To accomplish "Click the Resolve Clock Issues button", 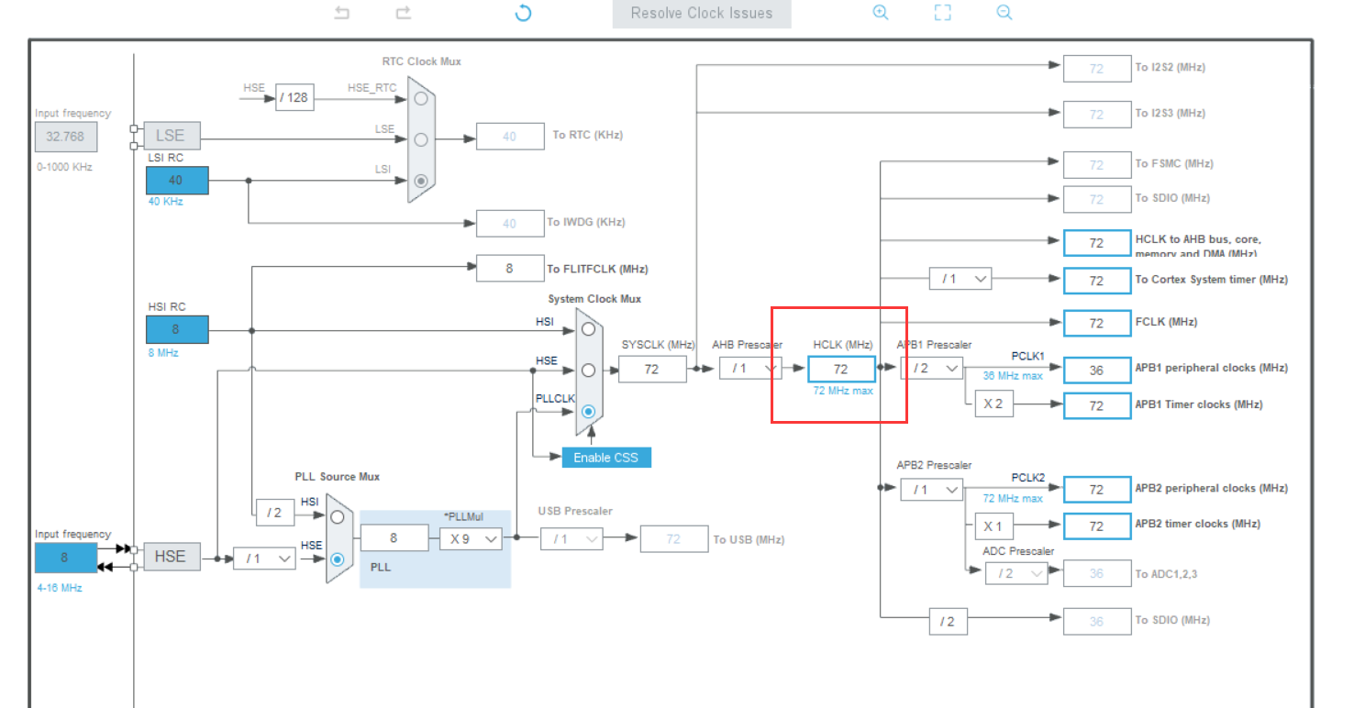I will tap(702, 14).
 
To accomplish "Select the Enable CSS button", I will tap(606, 457).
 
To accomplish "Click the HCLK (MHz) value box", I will tap(841, 369).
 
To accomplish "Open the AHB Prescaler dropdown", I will tap(750, 369).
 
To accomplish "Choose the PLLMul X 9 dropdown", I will tap(472, 538).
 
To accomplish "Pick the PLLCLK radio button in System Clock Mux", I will tap(588, 412).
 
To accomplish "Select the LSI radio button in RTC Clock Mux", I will tap(421, 181).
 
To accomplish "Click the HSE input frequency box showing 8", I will tap(65, 557).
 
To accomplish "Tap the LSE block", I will tap(171, 136).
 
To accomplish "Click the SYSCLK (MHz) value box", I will tap(652, 369).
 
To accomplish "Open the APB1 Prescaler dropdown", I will tap(931, 369).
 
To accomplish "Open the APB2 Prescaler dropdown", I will tap(931, 490).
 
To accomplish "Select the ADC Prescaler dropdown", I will tap(1016, 573).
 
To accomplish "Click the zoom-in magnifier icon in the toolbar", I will tap(881, 13).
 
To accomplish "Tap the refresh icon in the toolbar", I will tap(523, 13).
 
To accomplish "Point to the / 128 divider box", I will tap(294, 97).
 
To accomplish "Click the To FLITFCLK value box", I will tap(509, 269).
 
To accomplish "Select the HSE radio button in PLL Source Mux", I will tap(338, 559).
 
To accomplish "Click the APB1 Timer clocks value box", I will tap(1096, 405).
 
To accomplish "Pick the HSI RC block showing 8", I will tap(177, 329).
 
